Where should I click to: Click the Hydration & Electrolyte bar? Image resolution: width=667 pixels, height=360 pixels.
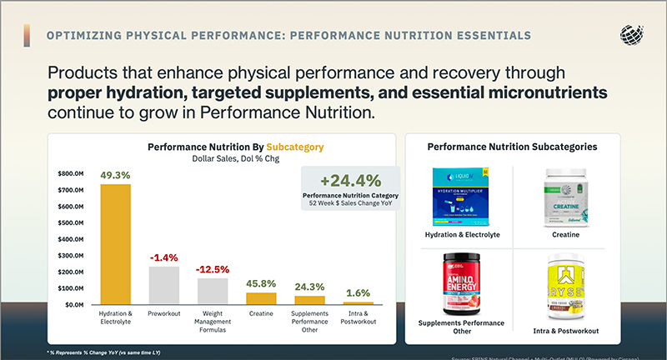[116, 244]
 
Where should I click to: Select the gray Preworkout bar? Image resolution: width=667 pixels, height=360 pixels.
[164, 286]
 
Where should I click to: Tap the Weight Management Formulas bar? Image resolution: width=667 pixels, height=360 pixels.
[213, 292]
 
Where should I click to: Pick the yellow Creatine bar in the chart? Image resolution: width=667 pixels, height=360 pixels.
[261, 298]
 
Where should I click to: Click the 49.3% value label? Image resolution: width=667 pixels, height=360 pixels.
[115, 176]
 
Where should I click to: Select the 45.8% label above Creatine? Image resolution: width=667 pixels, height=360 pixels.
[261, 284]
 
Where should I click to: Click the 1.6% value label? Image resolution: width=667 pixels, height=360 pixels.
[358, 292]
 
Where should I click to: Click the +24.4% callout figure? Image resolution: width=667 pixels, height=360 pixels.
[350, 180]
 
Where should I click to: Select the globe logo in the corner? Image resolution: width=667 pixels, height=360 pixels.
[633, 35]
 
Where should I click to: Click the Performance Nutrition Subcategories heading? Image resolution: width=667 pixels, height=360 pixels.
[512, 147]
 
